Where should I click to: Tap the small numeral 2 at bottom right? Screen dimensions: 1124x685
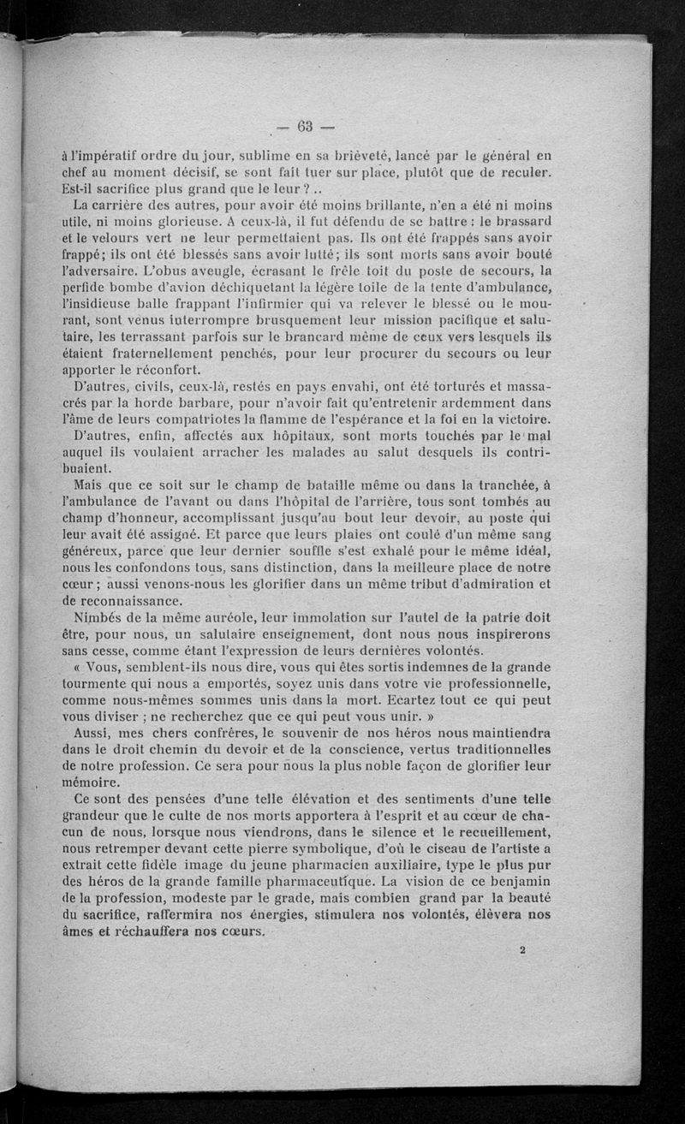[522, 949]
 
